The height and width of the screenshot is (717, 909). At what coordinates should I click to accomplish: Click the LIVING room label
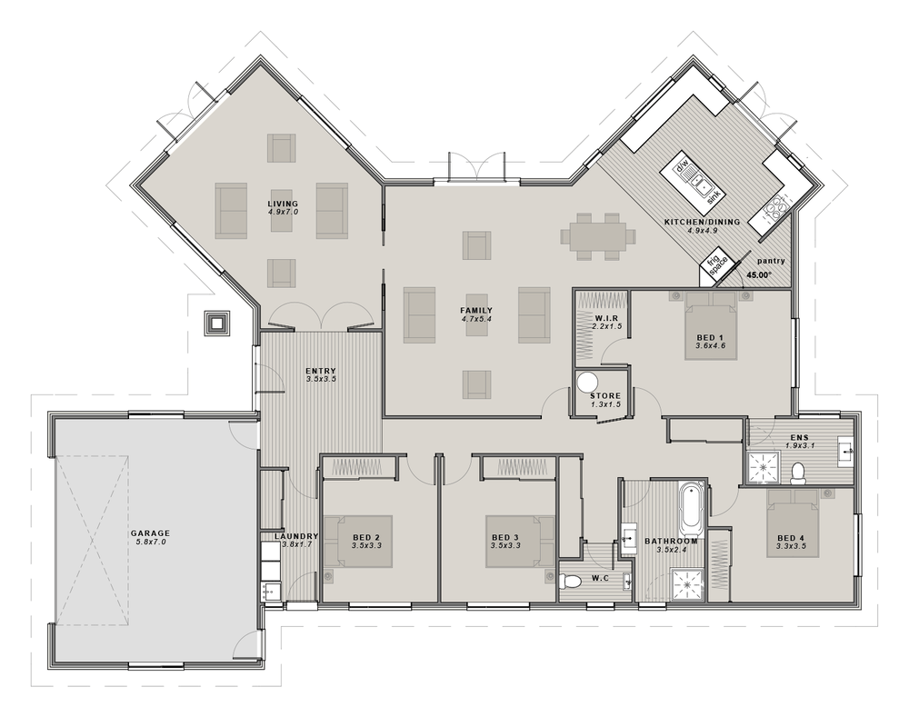(x=283, y=204)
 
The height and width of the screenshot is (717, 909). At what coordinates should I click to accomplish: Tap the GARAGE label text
(x=150, y=533)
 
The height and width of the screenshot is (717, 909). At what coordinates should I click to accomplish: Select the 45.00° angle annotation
(x=759, y=274)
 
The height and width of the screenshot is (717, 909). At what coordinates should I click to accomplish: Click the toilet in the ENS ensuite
(x=798, y=473)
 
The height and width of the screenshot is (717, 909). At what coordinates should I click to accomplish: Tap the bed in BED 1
(x=711, y=325)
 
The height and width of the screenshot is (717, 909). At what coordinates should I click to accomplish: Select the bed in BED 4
(x=793, y=523)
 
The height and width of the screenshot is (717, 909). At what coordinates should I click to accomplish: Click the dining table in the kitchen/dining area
(x=598, y=236)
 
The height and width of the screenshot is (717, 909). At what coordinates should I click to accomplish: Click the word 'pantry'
(x=771, y=261)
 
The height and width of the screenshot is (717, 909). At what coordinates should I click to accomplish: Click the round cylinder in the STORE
(x=588, y=383)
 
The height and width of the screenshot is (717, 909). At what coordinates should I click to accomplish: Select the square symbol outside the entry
(x=217, y=323)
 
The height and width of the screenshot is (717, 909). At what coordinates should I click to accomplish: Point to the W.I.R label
(x=607, y=318)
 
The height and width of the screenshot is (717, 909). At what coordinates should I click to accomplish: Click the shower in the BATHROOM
(x=688, y=585)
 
